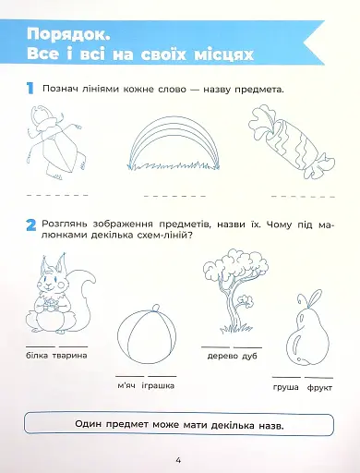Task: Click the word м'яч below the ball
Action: (126, 386)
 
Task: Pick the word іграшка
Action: (160, 386)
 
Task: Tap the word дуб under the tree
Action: (250, 356)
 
